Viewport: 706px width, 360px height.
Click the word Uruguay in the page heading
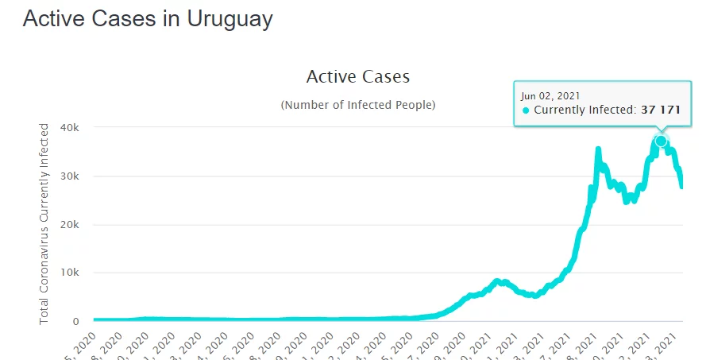pos(230,19)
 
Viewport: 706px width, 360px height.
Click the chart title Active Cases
pos(357,77)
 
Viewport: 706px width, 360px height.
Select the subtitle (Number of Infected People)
pos(357,105)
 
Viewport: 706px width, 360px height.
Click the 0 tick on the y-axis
pos(76,322)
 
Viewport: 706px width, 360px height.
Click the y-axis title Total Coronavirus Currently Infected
pos(44,223)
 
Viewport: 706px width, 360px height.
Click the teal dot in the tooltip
pos(526,110)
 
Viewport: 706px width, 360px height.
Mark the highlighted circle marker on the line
pos(661,141)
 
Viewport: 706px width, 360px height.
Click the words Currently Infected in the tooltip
pos(584,110)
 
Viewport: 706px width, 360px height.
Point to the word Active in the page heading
pos(56,19)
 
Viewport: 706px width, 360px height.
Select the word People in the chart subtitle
pos(414,105)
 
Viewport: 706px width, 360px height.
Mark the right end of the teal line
pos(681,187)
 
